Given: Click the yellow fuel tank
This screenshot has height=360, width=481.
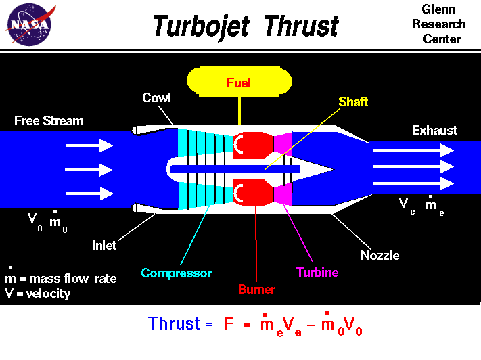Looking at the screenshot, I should tap(239, 82).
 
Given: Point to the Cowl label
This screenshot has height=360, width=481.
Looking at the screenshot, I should tap(156, 98).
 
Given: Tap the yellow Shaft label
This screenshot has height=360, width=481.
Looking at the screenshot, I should tap(352, 102).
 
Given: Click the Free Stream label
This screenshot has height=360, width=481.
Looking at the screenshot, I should tap(49, 121).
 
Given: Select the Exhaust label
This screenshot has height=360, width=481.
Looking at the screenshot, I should tap(434, 131).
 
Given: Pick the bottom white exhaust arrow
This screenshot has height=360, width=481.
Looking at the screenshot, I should tap(413, 183).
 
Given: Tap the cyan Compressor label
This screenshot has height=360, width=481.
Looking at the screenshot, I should tap(176, 273).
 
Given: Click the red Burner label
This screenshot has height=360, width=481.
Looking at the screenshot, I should tap(256, 290).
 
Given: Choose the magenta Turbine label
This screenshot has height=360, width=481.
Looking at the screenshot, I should tap(317, 273).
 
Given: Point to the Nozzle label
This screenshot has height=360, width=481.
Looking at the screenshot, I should tap(380, 256).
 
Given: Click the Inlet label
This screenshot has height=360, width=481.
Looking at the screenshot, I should tap(104, 246).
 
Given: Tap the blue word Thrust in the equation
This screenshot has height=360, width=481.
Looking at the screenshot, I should tap(174, 324).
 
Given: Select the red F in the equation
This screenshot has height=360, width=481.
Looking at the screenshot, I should tap(230, 324).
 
